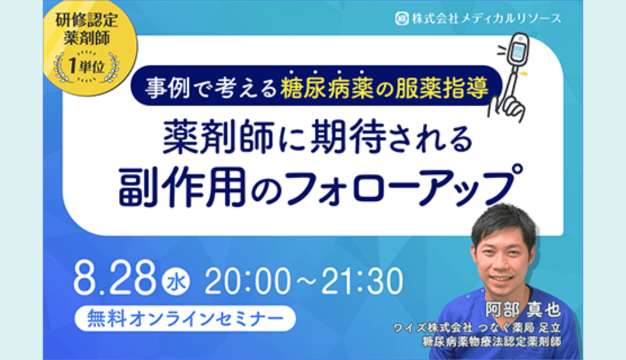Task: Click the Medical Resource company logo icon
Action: click(402, 18)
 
